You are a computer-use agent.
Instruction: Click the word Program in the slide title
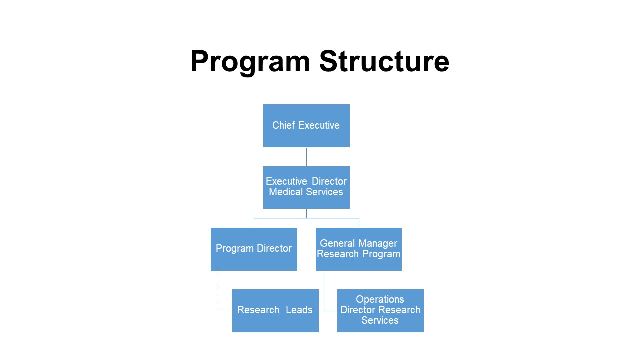tap(250, 62)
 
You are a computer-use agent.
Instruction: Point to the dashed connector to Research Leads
tap(219, 292)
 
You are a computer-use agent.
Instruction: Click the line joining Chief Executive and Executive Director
tap(306, 157)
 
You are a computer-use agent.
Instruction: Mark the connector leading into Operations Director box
tap(324, 292)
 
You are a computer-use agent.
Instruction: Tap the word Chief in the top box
tap(283, 126)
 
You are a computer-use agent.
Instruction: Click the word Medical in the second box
tap(286, 192)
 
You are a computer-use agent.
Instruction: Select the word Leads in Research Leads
tap(299, 310)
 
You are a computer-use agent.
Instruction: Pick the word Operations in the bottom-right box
tap(380, 300)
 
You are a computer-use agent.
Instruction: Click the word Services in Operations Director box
tap(380, 321)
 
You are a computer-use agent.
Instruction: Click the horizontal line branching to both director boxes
tap(306, 218)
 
